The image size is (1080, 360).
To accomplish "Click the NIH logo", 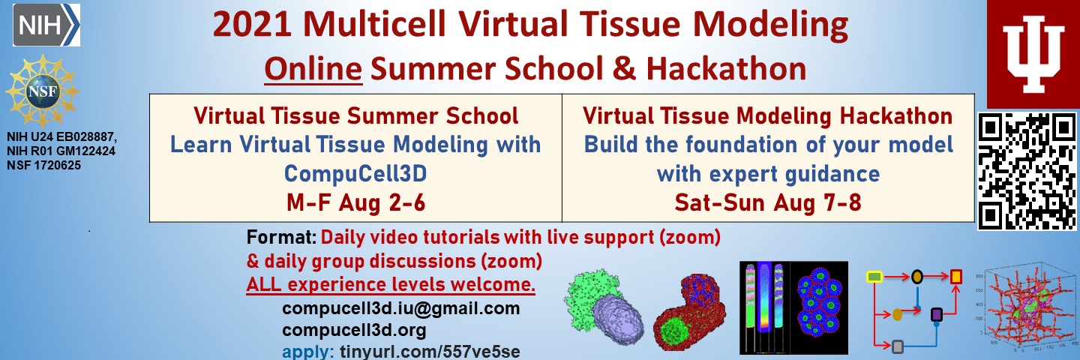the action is click(x=46, y=25).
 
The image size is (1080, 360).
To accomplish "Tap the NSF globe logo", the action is click(x=43, y=91).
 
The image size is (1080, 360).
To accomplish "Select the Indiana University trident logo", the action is click(x=1033, y=54).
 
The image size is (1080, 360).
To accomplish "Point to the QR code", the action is click(x=1027, y=171).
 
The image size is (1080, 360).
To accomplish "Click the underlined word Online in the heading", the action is click(x=313, y=68).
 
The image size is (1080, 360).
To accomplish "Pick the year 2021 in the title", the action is click(x=252, y=24).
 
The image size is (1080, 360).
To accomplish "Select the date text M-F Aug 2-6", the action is click(x=355, y=202).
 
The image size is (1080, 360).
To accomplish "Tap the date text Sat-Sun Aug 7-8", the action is click(x=767, y=202).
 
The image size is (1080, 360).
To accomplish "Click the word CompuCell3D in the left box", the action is click(x=355, y=173).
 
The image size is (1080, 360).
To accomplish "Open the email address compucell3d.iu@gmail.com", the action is click(x=401, y=308).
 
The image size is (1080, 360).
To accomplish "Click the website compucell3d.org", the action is click(x=354, y=331).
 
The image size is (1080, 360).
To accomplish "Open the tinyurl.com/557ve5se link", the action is click(x=430, y=351).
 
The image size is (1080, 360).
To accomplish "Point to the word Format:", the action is click(x=281, y=237).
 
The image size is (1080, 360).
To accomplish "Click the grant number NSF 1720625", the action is click(x=43, y=165).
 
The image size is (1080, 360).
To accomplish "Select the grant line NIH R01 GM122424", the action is click(x=61, y=151).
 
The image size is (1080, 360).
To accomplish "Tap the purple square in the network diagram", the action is click(x=936, y=315).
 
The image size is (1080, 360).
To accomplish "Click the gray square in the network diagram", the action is click(x=897, y=346).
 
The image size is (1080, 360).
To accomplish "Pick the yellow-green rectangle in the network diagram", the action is click(x=874, y=277).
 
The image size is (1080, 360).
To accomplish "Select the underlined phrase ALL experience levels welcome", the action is click(x=391, y=284).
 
